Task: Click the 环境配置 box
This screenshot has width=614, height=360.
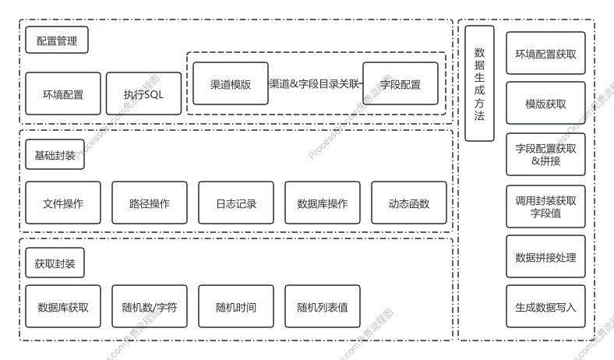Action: [x=63, y=94]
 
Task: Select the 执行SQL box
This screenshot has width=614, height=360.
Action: [x=143, y=94]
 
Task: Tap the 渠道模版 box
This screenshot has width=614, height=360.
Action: [x=231, y=83]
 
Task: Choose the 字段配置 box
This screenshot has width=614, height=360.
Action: [x=401, y=83]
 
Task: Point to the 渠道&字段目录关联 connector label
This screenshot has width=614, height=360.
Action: [x=315, y=83]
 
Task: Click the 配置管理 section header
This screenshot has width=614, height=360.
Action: [x=57, y=41]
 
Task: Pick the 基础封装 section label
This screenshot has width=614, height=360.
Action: [x=55, y=155]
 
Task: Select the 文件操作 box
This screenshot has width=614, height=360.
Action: [x=63, y=203]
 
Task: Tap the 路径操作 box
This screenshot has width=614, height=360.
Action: [x=150, y=203]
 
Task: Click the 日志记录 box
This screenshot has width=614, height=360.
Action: [x=236, y=203]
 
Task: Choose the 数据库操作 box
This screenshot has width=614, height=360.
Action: [x=323, y=203]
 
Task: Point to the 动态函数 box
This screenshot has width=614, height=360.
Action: [x=409, y=203]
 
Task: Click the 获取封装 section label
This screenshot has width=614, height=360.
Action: [x=55, y=263]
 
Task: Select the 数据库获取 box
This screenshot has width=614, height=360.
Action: [x=63, y=307]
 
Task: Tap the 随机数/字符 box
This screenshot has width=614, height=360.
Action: [x=150, y=307]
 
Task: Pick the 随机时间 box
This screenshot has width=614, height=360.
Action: [x=236, y=307]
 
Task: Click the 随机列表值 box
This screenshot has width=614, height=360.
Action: [x=323, y=307]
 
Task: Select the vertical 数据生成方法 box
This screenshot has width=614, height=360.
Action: [x=480, y=83]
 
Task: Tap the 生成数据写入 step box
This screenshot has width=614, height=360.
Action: [x=545, y=307]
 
